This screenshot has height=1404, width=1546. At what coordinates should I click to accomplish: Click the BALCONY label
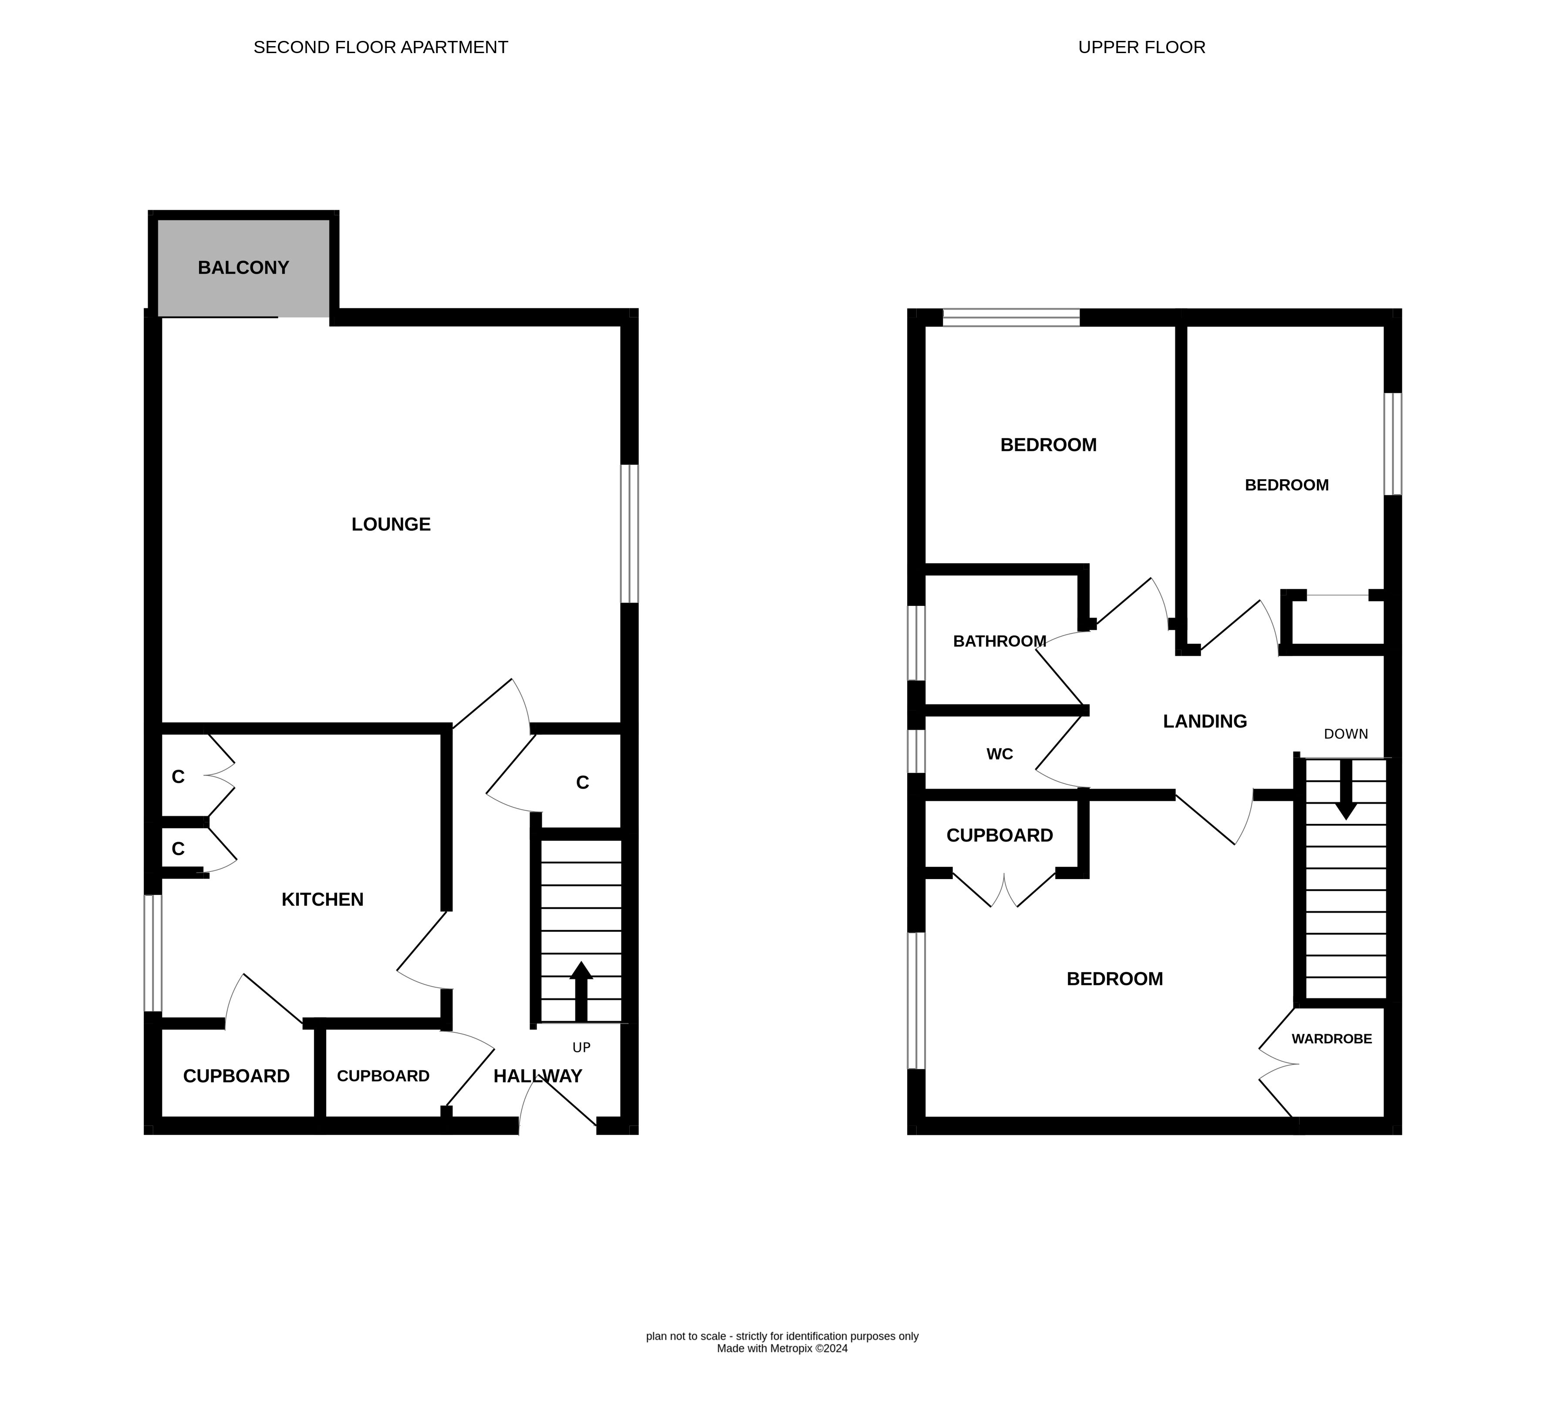point(243,268)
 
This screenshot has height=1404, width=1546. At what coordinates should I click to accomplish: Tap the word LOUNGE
point(391,524)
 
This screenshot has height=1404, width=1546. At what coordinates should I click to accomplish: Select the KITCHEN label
point(322,899)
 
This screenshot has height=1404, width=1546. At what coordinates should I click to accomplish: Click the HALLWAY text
point(537,1076)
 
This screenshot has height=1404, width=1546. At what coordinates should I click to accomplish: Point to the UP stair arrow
point(581,991)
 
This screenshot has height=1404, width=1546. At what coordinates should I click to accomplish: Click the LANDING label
point(1205,721)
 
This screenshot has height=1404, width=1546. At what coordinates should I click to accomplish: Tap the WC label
point(999,754)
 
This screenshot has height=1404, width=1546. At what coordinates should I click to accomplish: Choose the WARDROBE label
point(1331,1038)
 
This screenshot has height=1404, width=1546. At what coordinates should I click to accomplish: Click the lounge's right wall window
point(629,534)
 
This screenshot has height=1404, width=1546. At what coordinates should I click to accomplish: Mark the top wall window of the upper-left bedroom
point(1011,317)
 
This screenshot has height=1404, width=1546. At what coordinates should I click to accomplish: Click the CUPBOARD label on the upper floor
point(999,835)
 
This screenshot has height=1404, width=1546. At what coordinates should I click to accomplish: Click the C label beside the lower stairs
point(583,783)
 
